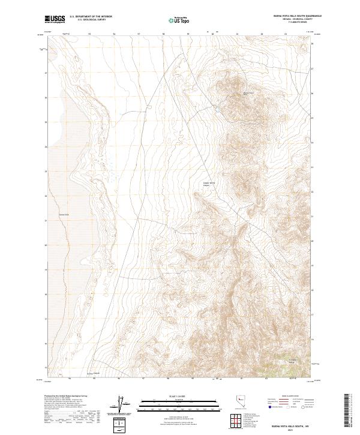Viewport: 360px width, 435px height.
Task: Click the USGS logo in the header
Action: pos(55,20)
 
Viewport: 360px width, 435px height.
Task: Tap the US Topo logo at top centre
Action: pos(179,20)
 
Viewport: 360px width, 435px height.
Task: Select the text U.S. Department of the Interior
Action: pos(91,17)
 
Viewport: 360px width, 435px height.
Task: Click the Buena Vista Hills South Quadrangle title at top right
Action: pos(289,17)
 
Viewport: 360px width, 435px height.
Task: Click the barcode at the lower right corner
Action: pos(346,413)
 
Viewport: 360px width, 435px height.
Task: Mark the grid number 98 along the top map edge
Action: pos(164,34)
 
